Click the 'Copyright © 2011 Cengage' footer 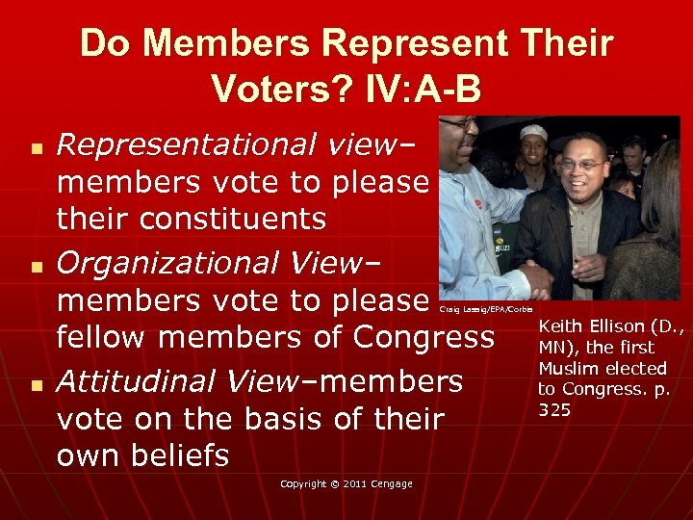(346, 483)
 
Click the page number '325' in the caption (554, 410)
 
